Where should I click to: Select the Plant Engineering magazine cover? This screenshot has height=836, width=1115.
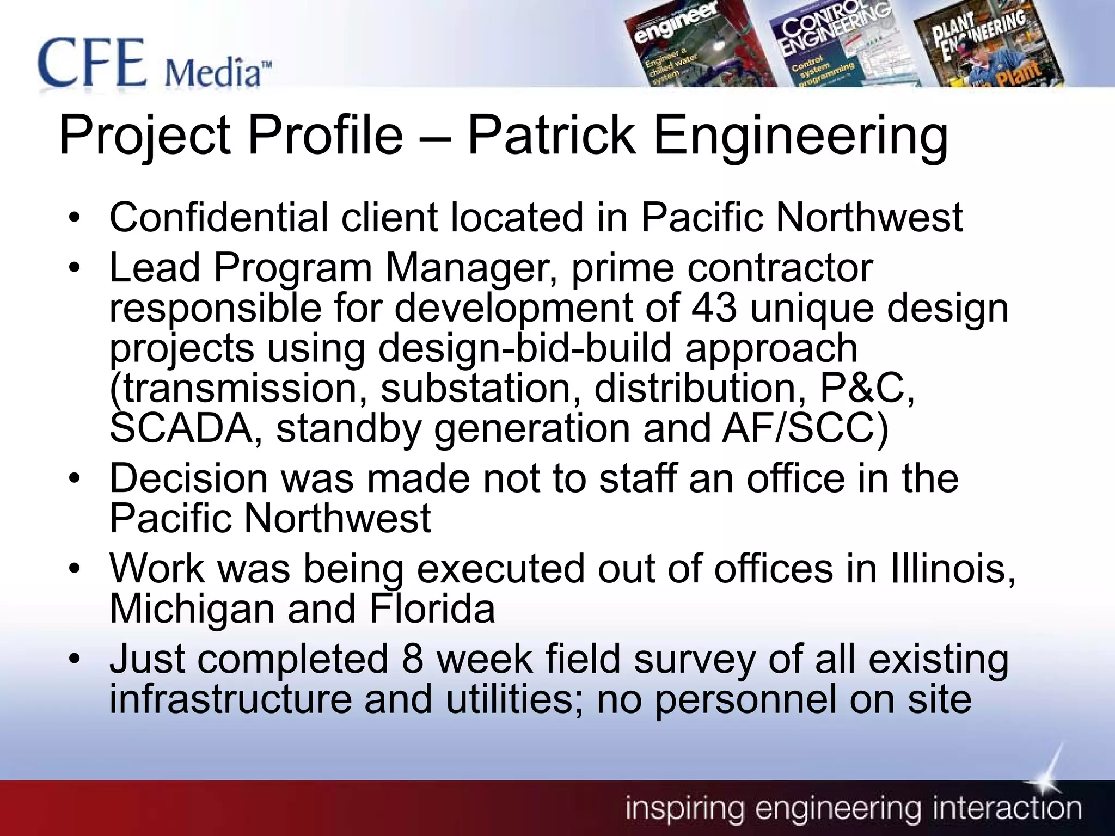(x=985, y=46)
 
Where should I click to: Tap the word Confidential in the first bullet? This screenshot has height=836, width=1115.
(x=218, y=217)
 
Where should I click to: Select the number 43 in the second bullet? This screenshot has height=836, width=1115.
(x=714, y=308)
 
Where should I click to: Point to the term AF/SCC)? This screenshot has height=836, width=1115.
(x=805, y=428)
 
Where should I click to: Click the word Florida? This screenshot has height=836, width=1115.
(x=432, y=609)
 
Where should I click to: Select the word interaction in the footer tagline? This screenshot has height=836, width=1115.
(x=1007, y=809)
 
